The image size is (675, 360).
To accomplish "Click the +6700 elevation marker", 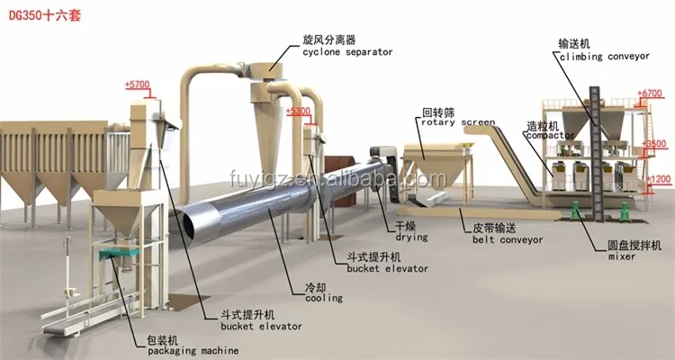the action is click(649, 93).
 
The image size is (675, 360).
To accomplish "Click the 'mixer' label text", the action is click(621, 257).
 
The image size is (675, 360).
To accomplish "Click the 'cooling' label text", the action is click(322, 297).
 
